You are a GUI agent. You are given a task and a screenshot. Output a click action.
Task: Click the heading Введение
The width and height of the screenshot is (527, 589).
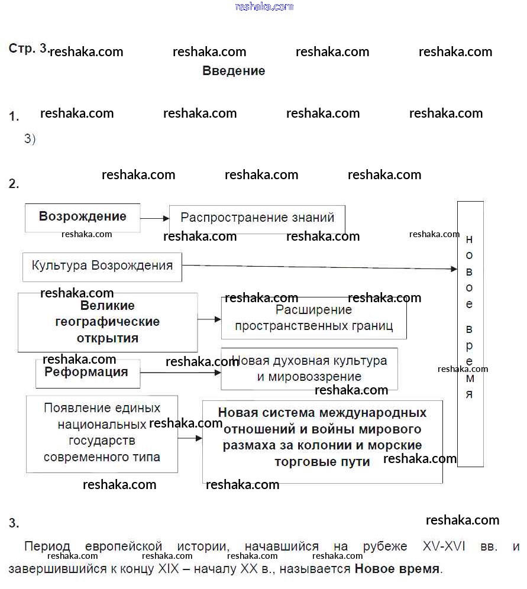coord(234,71)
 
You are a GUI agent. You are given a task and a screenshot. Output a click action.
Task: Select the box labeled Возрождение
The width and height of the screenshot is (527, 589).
coord(82,217)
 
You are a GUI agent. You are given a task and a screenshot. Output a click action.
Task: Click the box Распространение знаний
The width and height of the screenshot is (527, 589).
coord(257,218)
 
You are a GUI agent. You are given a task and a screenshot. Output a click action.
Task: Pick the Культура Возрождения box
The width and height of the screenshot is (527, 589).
coord(102,266)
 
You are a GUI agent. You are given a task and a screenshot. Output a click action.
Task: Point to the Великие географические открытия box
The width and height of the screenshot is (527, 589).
coord(108,322)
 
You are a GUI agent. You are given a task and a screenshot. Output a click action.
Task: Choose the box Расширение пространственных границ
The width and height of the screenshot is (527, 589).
coord(313,318)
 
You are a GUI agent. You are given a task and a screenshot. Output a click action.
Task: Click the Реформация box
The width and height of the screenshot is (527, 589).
coord(88,373)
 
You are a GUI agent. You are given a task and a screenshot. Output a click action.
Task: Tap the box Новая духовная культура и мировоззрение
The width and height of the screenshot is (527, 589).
coord(309,368)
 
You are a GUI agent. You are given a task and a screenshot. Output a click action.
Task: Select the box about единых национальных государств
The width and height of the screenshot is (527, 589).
coord(102,433)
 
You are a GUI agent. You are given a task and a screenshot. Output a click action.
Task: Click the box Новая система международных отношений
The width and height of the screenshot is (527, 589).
coord(322,441)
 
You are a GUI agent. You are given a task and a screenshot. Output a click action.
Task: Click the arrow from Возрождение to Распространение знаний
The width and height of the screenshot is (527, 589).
coord(155,218)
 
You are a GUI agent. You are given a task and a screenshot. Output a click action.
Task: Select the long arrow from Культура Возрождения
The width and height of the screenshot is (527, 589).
coord(319,267)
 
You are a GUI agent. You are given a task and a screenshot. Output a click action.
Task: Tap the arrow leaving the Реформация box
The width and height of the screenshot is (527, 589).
coord(180,373)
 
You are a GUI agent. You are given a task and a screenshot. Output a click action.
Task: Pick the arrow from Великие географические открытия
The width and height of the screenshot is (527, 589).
coord(209,319)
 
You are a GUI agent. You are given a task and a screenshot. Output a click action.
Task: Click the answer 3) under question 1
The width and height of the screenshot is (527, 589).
coord(30,139)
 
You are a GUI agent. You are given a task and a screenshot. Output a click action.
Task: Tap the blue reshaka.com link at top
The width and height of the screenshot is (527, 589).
coord(264,7)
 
